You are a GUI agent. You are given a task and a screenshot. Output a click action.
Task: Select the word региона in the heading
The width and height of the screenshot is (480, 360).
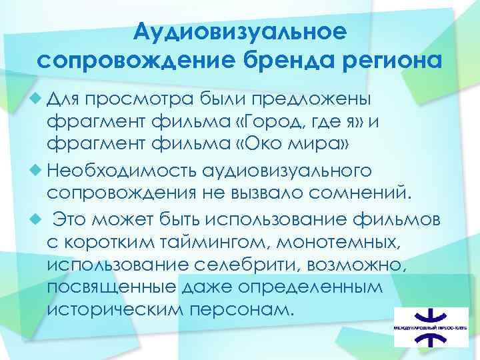coord(392,61)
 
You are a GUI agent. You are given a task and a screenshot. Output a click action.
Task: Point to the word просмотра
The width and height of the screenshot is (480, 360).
coord(141,99)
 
